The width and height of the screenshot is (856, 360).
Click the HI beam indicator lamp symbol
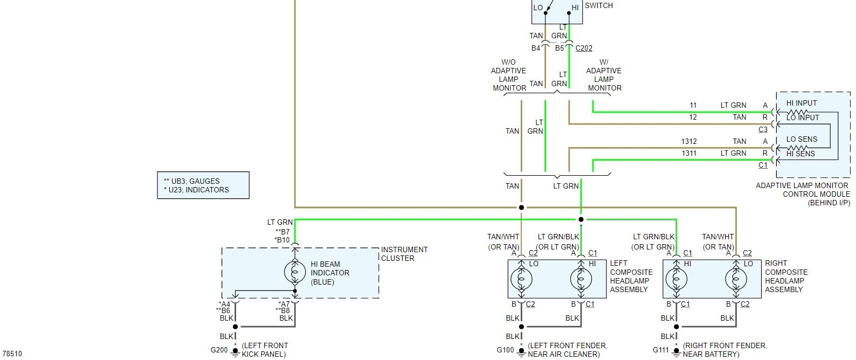(295, 273)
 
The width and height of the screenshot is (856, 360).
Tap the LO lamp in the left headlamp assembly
(521, 279)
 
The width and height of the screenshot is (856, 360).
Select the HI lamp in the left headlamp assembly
(581, 279)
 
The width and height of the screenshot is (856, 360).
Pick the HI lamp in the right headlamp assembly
(676, 279)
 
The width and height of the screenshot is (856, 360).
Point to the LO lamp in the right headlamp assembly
(736, 279)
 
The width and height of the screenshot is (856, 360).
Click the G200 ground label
(219, 350)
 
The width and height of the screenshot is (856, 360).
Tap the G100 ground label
(505, 350)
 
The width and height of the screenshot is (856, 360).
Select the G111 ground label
(661, 350)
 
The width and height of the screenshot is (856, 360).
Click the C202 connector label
(584, 48)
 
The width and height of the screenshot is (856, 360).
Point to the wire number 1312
(689, 141)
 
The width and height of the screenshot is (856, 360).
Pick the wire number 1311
(689, 153)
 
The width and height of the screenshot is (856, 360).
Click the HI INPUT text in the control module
(801, 103)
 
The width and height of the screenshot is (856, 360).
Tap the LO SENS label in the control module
(802, 139)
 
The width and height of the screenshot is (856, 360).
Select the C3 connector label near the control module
(763, 129)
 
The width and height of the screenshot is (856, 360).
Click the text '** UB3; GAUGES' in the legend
(192, 181)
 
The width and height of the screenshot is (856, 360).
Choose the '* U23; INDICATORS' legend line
(196, 190)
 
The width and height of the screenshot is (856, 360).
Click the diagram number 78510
(12, 354)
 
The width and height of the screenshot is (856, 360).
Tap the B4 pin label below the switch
(536, 48)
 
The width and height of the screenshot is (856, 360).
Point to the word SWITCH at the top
(599, 5)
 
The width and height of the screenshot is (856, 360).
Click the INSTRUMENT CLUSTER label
(404, 254)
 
